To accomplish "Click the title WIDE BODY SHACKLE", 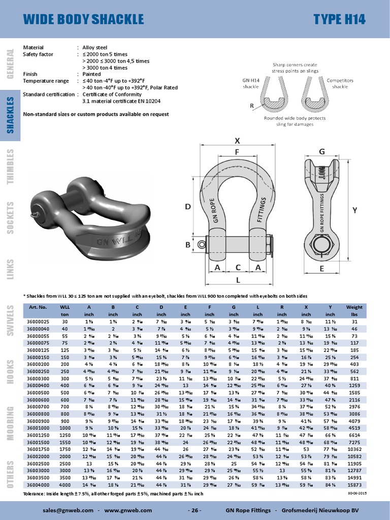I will point(84,19).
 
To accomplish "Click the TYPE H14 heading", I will point(339,19).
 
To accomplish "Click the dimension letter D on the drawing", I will point(187,207).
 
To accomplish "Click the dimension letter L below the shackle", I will point(238,279).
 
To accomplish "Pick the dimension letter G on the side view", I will point(321,151).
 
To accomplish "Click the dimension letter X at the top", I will point(238,140).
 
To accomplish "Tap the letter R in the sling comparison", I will point(252,106).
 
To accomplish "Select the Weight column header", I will point(354,307).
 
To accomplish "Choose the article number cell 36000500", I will point(38,392).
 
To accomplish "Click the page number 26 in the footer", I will point(194,510).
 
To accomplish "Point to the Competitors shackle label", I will point(340,83).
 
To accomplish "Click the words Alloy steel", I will point(95,47).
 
